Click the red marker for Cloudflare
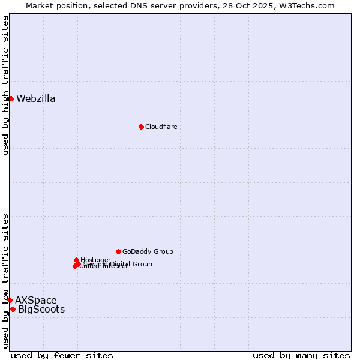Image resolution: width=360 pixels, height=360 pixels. click(x=141, y=127)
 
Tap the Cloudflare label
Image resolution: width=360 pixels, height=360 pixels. click(x=161, y=127)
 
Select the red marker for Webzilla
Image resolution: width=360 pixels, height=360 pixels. click(x=11, y=98)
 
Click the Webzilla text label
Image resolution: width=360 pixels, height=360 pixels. click(x=36, y=99)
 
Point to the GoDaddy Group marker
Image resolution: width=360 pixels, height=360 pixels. click(x=118, y=251)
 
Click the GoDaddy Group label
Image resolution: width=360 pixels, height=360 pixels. click(x=148, y=251)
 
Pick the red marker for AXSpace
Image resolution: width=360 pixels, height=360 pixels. click(x=10, y=300)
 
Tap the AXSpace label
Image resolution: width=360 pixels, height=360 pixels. click(x=36, y=301)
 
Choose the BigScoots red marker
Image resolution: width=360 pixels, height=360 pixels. click(x=13, y=309)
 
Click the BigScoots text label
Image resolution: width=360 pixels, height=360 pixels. click(x=41, y=310)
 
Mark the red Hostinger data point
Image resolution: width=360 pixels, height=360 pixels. click(x=76, y=260)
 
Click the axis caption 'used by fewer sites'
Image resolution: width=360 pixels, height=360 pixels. click(x=62, y=355)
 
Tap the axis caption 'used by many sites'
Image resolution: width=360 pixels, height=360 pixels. click(x=301, y=355)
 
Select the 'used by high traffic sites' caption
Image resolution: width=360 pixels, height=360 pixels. click(x=5, y=86)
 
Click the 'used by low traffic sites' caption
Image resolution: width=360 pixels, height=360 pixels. click(x=5, y=280)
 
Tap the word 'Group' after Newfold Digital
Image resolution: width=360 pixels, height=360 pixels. click(x=142, y=264)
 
